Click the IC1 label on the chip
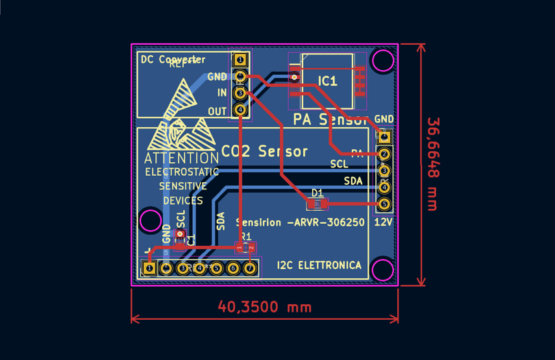point(328,81)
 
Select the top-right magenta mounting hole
point(383,60)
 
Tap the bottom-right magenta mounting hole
point(382,269)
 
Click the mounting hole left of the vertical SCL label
point(151,221)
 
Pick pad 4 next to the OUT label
point(240,110)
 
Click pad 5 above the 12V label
point(384,204)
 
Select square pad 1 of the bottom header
point(150,268)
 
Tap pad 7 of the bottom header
point(250,268)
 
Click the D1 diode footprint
point(317,204)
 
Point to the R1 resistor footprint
point(245,247)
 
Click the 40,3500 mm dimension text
point(264,306)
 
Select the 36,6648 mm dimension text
point(433,164)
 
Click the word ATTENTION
point(181,158)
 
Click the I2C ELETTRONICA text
point(319,265)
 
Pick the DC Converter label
point(173,60)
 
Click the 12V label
point(384,222)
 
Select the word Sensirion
point(260,222)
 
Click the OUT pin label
point(217,112)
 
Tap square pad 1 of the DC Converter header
point(240,60)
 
